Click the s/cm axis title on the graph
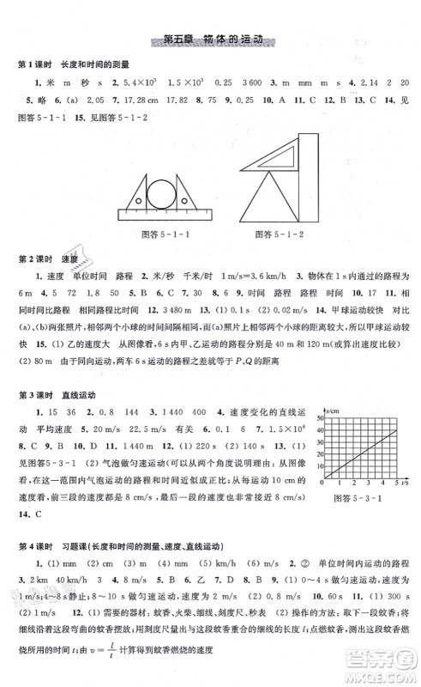click(x=333, y=408)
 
